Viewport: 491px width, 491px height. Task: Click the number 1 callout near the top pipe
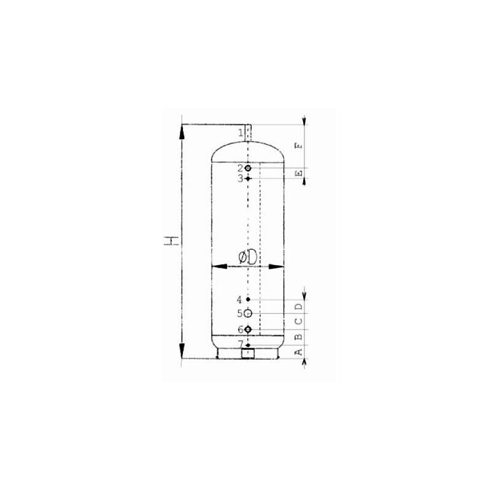click(x=241, y=133)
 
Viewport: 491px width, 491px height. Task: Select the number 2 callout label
click(x=240, y=168)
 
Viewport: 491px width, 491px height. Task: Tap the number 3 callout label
click(x=240, y=179)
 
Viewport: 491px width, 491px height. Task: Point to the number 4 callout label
click(x=239, y=300)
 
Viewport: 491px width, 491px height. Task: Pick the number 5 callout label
click(x=240, y=313)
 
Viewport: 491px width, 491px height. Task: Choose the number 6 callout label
click(x=240, y=330)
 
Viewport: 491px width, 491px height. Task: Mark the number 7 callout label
click(x=241, y=344)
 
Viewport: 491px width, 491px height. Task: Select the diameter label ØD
click(x=247, y=257)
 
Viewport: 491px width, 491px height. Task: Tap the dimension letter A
click(x=299, y=352)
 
